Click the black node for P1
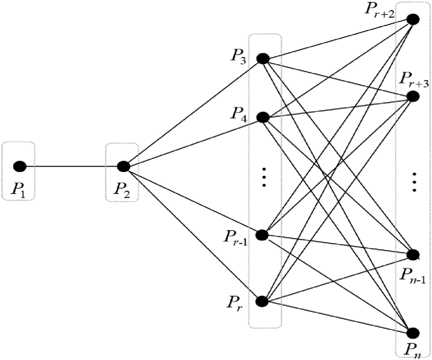[x=19, y=166]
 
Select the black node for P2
[x=122, y=166]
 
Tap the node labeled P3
[x=263, y=59]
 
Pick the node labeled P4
[x=263, y=117]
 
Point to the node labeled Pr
[x=263, y=301]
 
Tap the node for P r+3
[x=413, y=84]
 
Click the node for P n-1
[x=413, y=254]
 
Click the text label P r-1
[x=235, y=239]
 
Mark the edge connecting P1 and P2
[x=71, y=166]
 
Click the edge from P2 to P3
[x=192, y=113]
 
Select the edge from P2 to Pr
[x=192, y=234]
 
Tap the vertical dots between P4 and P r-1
[x=264, y=177]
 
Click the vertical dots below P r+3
[x=414, y=182]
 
